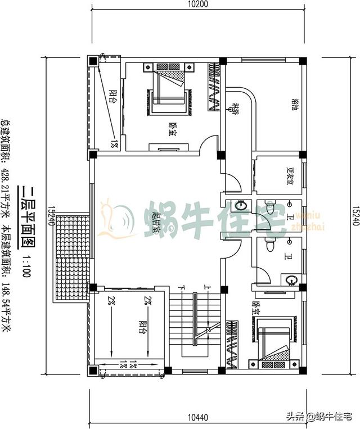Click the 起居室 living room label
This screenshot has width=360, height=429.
pyautogui.click(x=156, y=221)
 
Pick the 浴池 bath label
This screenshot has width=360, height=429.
pyautogui.click(x=294, y=105)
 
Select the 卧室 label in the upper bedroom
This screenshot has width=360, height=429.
pyautogui.click(x=171, y=130)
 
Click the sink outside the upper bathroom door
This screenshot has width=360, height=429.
pyautogui.click(x=243, y=206)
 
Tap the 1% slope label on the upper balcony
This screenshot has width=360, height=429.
pyautogui.click(x=114, y=144)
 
